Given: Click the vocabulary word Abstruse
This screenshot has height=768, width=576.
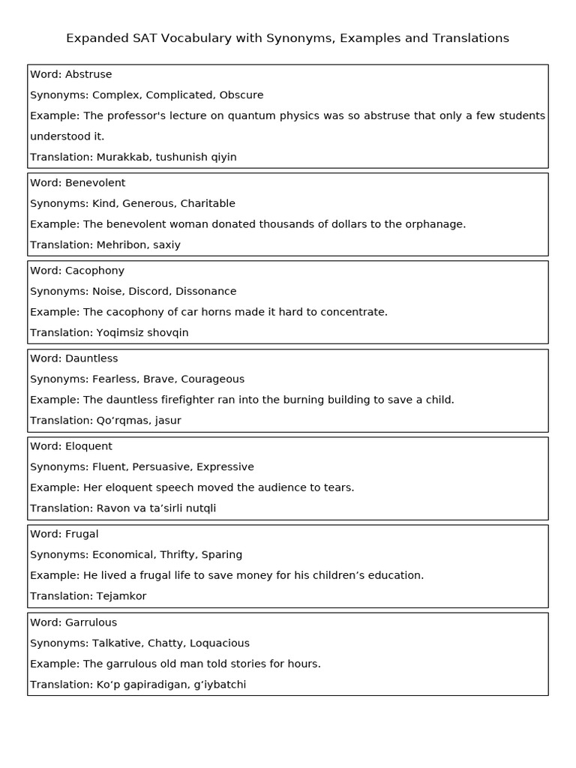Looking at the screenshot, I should [88, 74].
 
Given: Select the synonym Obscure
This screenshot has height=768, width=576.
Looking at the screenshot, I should [241, 95].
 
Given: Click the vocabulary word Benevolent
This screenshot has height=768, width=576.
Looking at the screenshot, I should [95, 183].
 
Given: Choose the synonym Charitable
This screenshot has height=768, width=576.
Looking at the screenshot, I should [208, 203].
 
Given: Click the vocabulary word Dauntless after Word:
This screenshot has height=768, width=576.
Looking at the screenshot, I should [91, 358].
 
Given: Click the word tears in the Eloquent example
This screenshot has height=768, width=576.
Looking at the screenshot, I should [337, 487].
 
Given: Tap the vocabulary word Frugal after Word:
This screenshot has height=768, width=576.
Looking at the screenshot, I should [82, 534].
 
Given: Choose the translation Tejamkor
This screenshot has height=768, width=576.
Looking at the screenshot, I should [121, 596].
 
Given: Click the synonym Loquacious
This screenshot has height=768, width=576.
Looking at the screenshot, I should [220, 643].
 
